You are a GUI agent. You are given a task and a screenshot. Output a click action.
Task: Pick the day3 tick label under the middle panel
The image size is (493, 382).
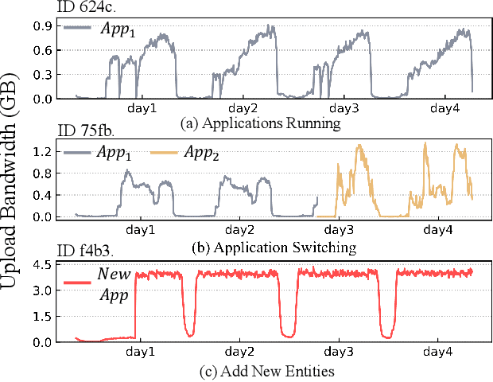tap(338, 229)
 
